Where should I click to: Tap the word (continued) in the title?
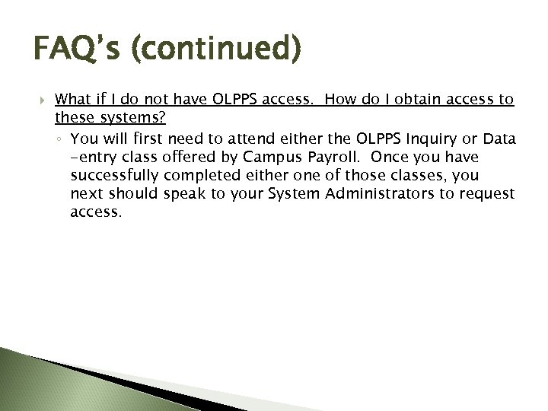[x=215, y=50]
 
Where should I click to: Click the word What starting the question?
[x=75, y=100]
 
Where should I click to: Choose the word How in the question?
[x=335, y=100]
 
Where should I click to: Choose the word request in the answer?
[x=488, y=194]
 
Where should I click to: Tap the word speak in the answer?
[x=185, y=194]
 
